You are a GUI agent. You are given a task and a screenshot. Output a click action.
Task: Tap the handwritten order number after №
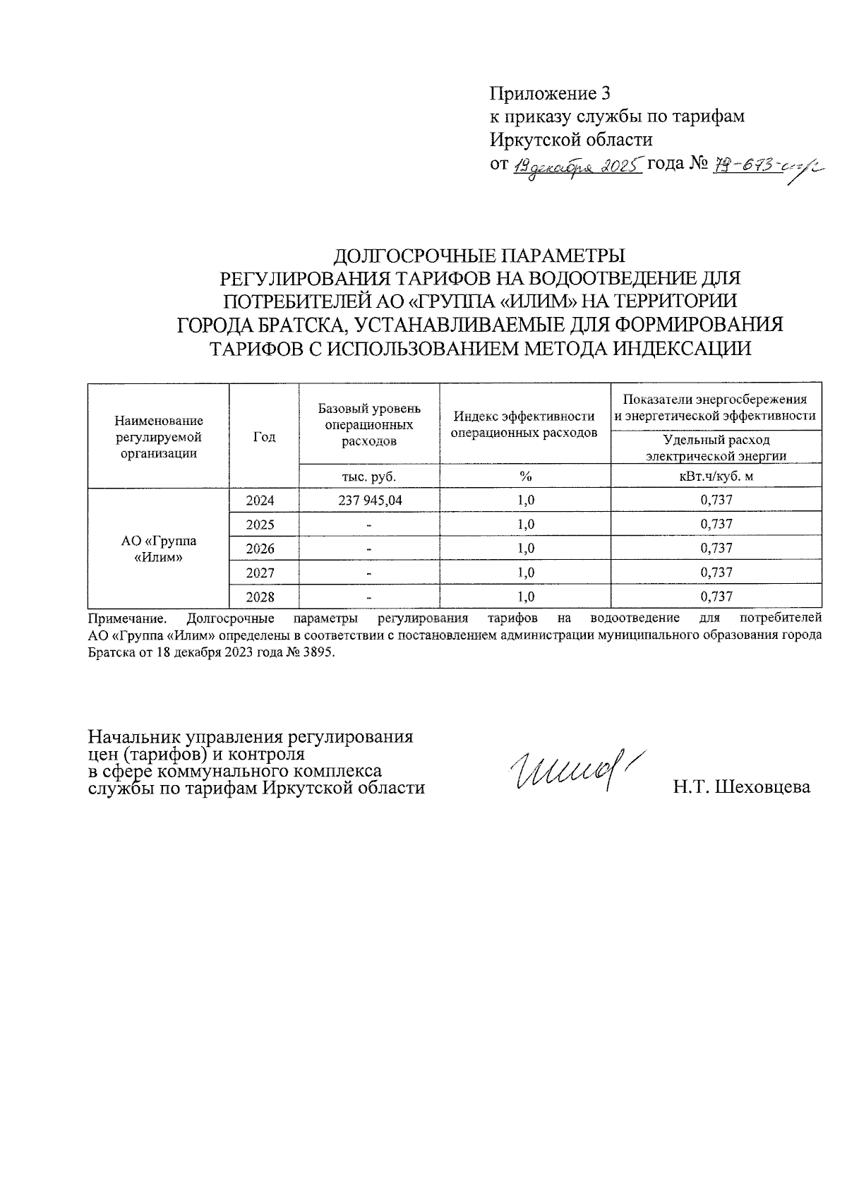point(761,167)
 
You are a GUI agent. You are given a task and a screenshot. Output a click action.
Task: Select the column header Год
point(264,437)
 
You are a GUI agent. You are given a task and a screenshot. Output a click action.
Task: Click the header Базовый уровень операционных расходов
point(369,424)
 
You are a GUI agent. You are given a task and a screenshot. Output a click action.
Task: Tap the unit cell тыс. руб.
point(369,477)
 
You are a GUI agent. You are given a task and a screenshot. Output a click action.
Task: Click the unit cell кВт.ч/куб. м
point(716,477)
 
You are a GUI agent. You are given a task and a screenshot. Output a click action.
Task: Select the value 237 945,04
point(369,501)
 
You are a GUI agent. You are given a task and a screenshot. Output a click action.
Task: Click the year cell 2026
point(260,549)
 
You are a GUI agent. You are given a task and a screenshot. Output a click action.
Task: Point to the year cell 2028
point(260,597)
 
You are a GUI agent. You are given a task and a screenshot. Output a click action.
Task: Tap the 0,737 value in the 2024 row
point(716,501)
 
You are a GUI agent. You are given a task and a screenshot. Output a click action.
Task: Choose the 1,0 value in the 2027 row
point(525,573)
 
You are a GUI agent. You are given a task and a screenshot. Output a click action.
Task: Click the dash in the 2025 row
point(368,525)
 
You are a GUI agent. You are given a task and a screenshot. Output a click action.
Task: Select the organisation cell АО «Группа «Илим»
point(159,549)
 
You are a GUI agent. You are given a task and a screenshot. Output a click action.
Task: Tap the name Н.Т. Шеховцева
point(741,787)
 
